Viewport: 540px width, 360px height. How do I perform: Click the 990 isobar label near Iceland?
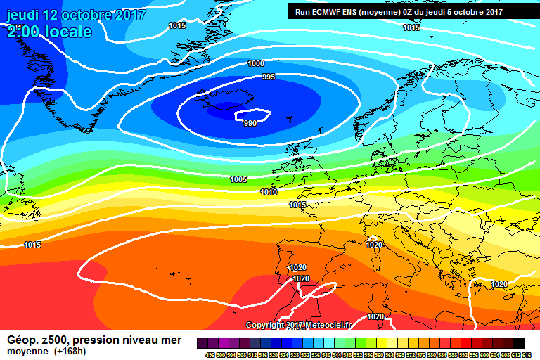coord(250,123)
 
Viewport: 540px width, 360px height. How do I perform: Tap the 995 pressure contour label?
coord(268,77)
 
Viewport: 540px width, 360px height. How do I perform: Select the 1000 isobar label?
coord(256,63)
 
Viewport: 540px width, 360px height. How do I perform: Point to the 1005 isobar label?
coord(238,179)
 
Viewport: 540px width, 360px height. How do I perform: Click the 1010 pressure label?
coord(269,192)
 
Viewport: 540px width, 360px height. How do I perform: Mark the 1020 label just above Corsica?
coord(374,245)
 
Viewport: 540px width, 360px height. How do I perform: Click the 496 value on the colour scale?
coord(210,354)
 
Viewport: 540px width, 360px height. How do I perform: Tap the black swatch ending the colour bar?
coord(518,342)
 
